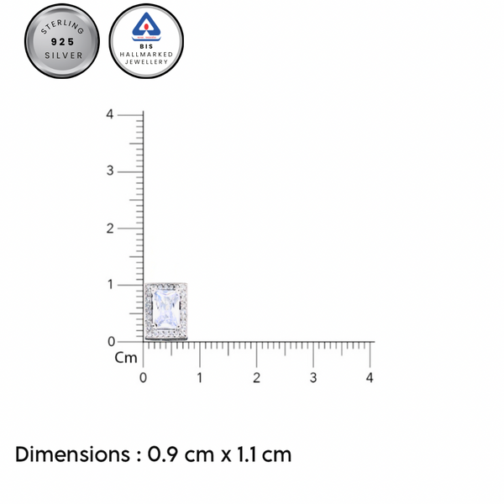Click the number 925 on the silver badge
[63, 42]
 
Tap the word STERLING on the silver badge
[63, 27]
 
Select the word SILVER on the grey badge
[64, 55]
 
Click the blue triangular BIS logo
[146, 27]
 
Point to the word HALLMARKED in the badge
[146, 55]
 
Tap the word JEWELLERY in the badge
[146, 61]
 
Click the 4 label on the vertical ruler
[110, 114]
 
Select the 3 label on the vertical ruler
[110, 171]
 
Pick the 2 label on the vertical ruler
[110, 228]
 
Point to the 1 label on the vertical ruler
[111, 285]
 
